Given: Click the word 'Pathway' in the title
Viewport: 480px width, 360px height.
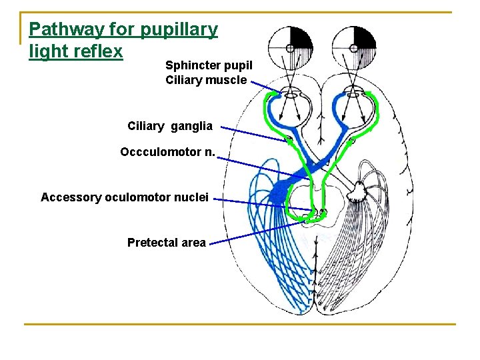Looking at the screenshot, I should (x=57, y=30).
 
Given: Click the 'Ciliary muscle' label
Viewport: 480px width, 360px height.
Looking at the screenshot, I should (x=206, y=80).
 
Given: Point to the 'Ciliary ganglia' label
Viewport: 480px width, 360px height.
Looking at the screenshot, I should (x=170, y=126).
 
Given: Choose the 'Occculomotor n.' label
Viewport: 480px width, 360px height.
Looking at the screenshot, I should (x=167, y=152).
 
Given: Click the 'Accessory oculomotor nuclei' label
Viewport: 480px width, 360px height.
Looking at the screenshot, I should (x=125, y=197).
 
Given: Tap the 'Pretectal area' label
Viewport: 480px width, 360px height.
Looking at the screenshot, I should (x=166, y=243).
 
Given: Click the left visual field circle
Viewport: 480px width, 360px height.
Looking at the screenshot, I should (x=290, y=47).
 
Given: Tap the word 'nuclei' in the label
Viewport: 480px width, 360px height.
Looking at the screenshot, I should (x=191, y=197).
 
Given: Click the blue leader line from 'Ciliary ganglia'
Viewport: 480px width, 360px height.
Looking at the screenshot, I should (x=253, y=133).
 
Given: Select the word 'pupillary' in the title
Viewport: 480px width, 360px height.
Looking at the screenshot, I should (x=179, y=30).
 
